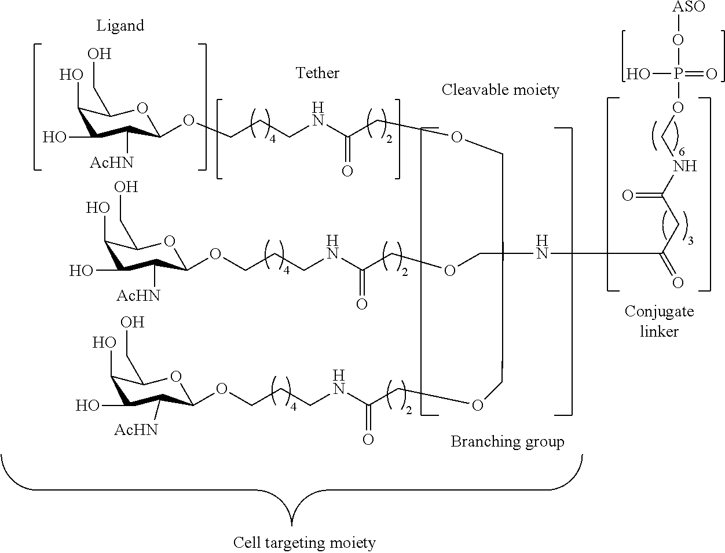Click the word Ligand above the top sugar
tap(120, 25)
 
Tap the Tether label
tap(317, 73)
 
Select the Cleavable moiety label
tap(500, 90)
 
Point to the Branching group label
tap(507, 442)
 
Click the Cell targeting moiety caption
tap(304, 543)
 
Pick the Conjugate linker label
tap(659, 322)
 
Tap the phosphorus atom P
tap(679, 73)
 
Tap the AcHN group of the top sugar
tap(111, 163)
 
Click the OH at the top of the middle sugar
tap(126, 187)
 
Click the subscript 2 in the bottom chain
tap(409, 410)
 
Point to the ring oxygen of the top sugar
tap(142, 108)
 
